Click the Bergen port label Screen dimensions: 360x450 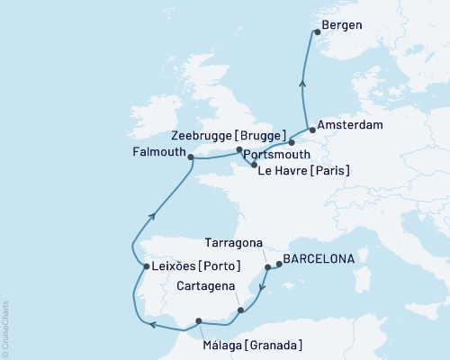point(347,25)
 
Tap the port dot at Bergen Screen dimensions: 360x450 point(316,33)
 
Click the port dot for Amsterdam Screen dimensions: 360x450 point(311,128)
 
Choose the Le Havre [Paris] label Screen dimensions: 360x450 point(304,170)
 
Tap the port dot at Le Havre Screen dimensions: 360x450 point(256,166)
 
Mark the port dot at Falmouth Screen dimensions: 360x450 point(191,156)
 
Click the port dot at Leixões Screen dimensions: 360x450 point(147,266)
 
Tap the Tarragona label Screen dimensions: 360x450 point(233,243)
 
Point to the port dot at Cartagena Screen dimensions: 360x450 point(240,311)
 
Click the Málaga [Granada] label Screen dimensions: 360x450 point(246,345)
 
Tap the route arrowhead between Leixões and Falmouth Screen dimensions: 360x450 point(157,213)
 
